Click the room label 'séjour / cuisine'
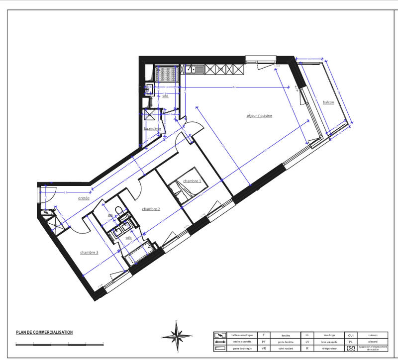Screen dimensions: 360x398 [x=259, y=116]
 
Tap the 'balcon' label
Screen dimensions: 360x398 [x=328, y=102]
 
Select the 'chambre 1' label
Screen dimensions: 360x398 [x=192, y=181]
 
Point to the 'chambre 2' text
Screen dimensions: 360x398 [x=151, y=209]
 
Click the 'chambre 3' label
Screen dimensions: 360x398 [x=89, y=253]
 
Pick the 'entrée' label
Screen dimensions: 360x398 [x=84, y=198]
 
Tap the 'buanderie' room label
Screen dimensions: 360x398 [x=152, y=129]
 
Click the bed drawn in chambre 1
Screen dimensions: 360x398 [x=179, y=192]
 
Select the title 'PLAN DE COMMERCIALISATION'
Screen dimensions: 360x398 [x=44, y=333]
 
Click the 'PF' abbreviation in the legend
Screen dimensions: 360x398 [x=264, y=342]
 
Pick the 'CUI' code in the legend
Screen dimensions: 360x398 [x=351, y=335]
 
